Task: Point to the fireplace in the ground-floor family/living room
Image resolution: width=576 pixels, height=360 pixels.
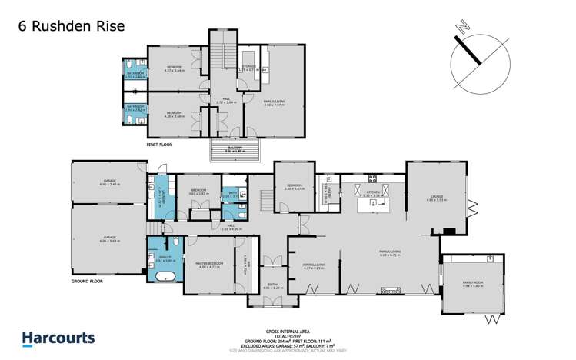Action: (x=384, y=289)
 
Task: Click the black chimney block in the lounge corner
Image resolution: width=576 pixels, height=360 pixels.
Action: (x=449, y=229)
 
